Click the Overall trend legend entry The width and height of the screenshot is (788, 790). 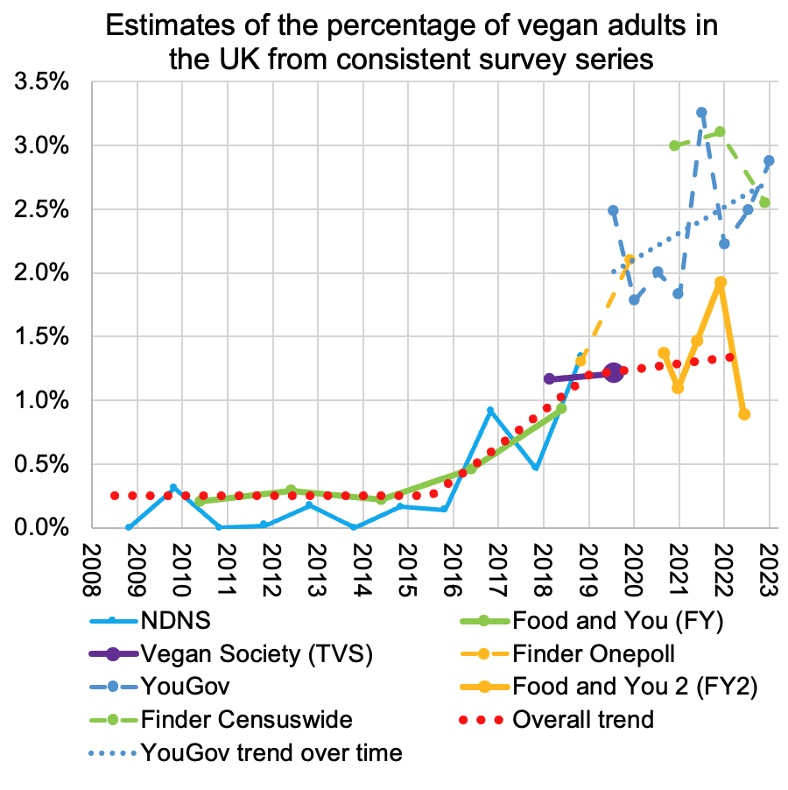(582, 719)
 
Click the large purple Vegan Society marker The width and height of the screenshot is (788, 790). (613, 373)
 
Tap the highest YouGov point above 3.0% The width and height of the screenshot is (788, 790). (701, 112)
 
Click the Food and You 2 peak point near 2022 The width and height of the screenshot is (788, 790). (720, 282)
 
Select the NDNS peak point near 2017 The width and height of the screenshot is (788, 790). (490, 410)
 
